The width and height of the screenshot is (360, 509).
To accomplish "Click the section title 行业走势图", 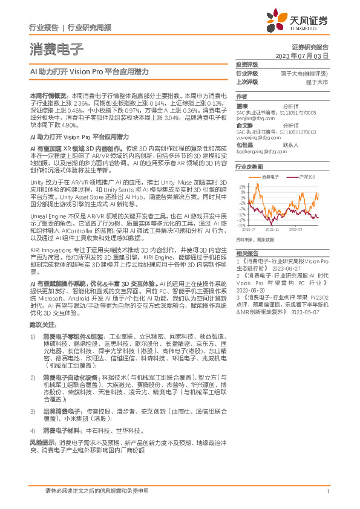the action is pos(250,166).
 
